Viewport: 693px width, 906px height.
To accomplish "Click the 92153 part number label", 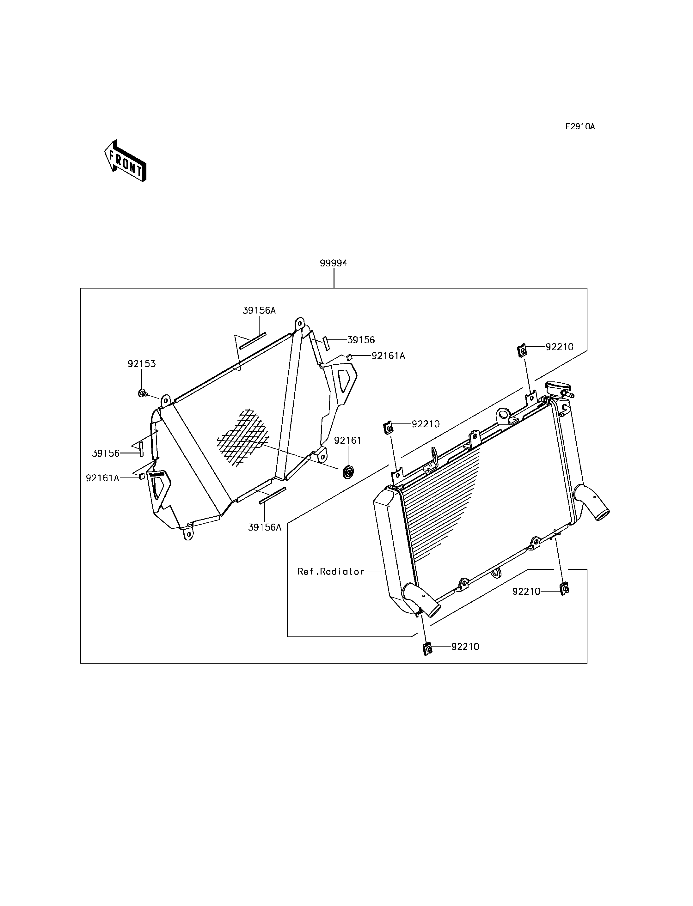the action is pyautogui.click(x=142, y=364).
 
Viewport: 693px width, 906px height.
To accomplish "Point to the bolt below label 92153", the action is pyautogui.click(x=143, y=393).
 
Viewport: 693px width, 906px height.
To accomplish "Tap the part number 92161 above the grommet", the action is pyautogui.click(x=348, y=441).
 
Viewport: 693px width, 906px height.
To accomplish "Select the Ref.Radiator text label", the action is pyautogui.click(x=331, y=571).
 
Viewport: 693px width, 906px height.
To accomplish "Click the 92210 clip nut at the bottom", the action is pyautogui.click(x=428, y=649).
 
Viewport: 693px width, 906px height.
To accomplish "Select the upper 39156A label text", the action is pyautogui.click(x=259, y=311).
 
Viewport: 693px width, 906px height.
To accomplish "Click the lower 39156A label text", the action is pyautogui.click(x=264, y=527).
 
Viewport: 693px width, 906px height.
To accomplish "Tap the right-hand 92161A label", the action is pyautogui.click(x=388, y=356).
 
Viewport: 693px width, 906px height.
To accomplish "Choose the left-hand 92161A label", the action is pyautogui.click(x=102, y=478).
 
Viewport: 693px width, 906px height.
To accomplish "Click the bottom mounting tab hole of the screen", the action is pyautogui.click(x=188, y=534).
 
